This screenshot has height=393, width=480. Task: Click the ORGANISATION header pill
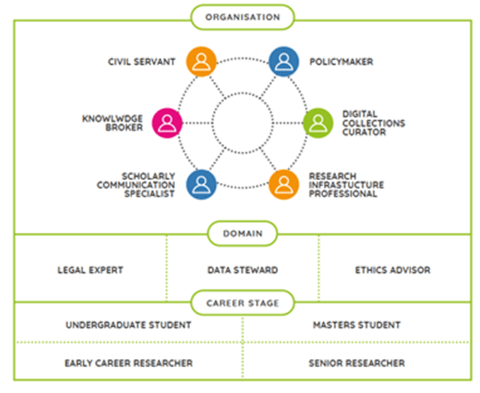[x=242, y=17]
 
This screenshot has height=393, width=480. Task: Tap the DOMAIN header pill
[x=242, y=233]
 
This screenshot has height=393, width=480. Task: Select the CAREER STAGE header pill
[x=242, y=302]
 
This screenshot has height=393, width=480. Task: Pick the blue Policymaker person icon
[x=284, y=61]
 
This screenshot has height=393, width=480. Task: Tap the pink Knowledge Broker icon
[x=167, y=123]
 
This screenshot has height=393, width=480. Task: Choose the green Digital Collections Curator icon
[x=317, y=123]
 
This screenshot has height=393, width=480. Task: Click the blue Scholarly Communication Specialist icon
[x=200, y=184]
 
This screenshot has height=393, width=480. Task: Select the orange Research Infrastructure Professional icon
[x=284, y=184]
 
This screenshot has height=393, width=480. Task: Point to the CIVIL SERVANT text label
[x=142, y=62]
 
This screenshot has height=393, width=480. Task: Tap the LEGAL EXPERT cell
[x=90, y=270]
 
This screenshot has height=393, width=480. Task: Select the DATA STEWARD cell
[x=243, y=270]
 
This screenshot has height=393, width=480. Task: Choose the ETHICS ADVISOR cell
[x=393, y=270]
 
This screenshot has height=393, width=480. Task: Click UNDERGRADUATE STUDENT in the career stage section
[x=128, y=325]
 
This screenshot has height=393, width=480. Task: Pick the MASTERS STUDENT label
[x=357, y=325]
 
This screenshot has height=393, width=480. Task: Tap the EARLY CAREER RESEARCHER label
[x=128, y=363]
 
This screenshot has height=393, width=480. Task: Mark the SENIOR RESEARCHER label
[x=357, y=363]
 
